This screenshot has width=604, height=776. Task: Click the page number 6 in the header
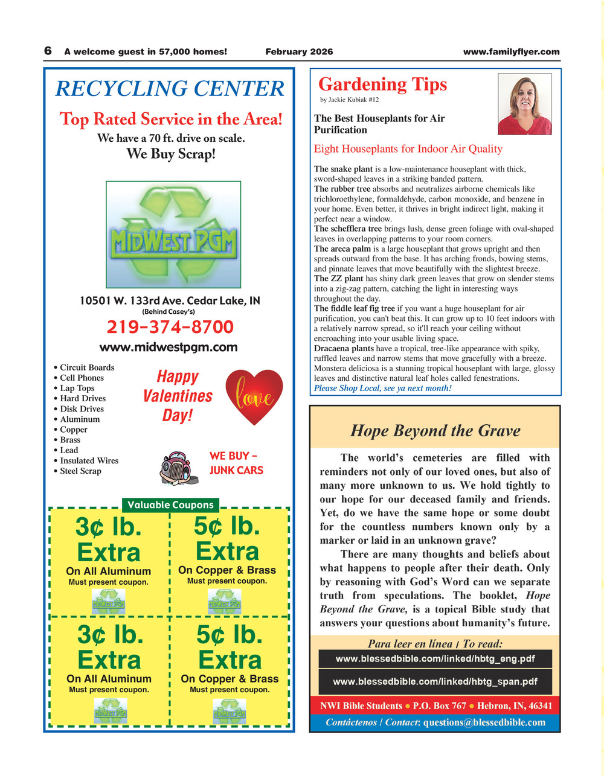48,51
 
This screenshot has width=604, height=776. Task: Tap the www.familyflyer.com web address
511,52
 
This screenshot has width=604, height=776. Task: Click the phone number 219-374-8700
170,327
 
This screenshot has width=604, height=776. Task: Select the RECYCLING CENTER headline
170,89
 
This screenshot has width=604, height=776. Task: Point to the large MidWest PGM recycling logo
173,234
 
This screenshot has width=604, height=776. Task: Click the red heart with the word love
254,396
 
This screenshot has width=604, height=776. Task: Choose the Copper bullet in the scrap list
73,430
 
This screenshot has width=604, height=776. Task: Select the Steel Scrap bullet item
80,471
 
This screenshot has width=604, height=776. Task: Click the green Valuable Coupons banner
170,504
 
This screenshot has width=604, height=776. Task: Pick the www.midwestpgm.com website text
169,347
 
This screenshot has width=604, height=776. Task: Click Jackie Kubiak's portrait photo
524,104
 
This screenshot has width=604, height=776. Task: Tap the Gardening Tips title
382,84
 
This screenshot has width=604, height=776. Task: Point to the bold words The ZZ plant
339,279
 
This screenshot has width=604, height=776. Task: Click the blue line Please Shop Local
382,388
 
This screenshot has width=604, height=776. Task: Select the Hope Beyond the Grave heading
435,431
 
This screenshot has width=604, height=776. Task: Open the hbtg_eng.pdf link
435,659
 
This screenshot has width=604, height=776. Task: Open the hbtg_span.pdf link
435,682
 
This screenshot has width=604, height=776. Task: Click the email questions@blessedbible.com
484,722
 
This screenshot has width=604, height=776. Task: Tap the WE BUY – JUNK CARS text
236,463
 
